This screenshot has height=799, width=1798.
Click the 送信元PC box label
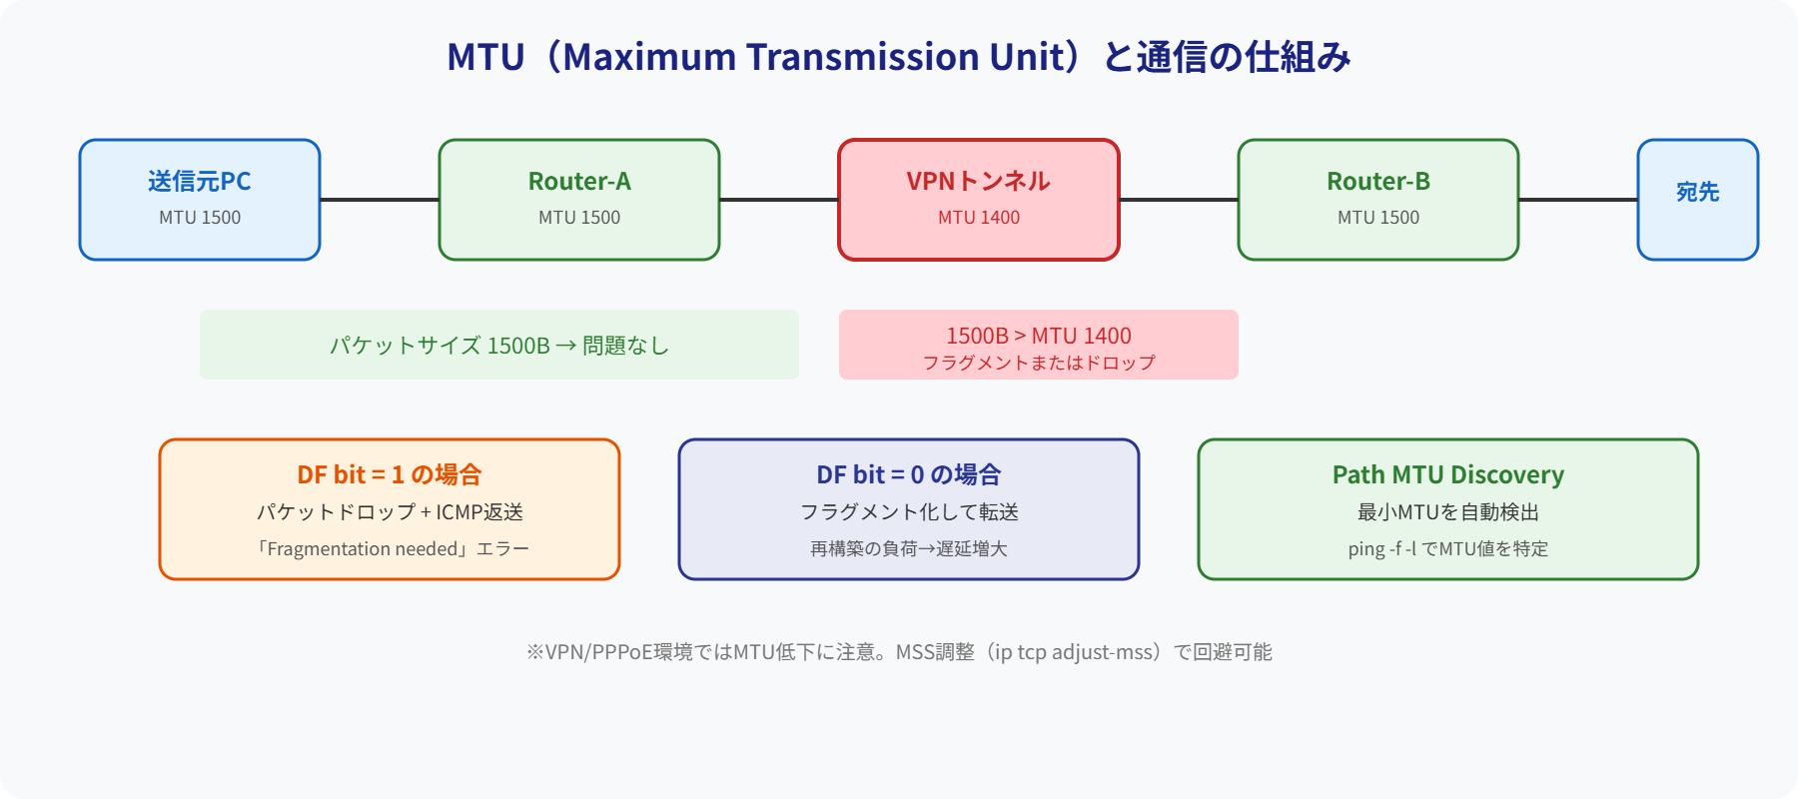[199, 181]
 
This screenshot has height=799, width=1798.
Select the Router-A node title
[579, 181]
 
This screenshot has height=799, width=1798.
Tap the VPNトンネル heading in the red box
[978, 181]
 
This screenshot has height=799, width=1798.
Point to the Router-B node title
[1377, 181]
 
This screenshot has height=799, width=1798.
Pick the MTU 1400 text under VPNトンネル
[978, 218]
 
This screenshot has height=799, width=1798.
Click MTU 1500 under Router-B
[1377, 218]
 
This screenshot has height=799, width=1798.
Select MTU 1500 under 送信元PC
[199, 218]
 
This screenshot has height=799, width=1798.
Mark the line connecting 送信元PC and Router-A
[380, 200]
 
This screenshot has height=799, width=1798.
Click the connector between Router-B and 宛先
[1578, 200]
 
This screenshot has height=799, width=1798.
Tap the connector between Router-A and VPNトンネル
[779, 200]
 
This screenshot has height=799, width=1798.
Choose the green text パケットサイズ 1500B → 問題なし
[498, 346]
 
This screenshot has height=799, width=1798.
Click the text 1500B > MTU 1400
[1038, 336]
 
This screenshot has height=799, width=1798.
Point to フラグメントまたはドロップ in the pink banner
[1038, 363]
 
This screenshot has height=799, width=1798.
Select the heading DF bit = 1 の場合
[389, 474]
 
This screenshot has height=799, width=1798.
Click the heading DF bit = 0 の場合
[908, 474]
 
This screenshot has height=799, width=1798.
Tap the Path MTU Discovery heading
[1447, 474]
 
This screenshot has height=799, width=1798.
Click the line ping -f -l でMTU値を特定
[1447, 548]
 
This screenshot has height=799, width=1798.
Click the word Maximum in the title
[649, 57]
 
